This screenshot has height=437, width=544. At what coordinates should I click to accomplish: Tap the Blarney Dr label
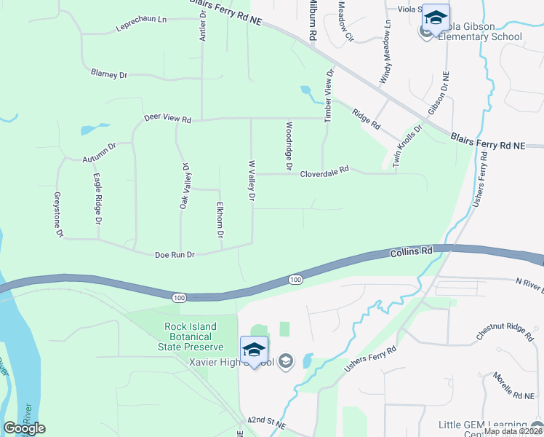point(109,74)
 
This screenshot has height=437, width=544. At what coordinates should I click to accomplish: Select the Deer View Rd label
point(167,117)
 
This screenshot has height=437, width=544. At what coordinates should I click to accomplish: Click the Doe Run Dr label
point(175,255)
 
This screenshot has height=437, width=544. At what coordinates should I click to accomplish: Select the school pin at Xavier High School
point(255,350)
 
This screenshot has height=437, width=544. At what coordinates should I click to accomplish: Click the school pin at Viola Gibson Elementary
point(436,17)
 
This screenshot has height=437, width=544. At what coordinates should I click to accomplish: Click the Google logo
point(24,428)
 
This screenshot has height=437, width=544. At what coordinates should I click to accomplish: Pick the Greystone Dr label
point(59,215)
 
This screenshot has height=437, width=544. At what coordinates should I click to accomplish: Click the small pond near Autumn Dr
point(87,130)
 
